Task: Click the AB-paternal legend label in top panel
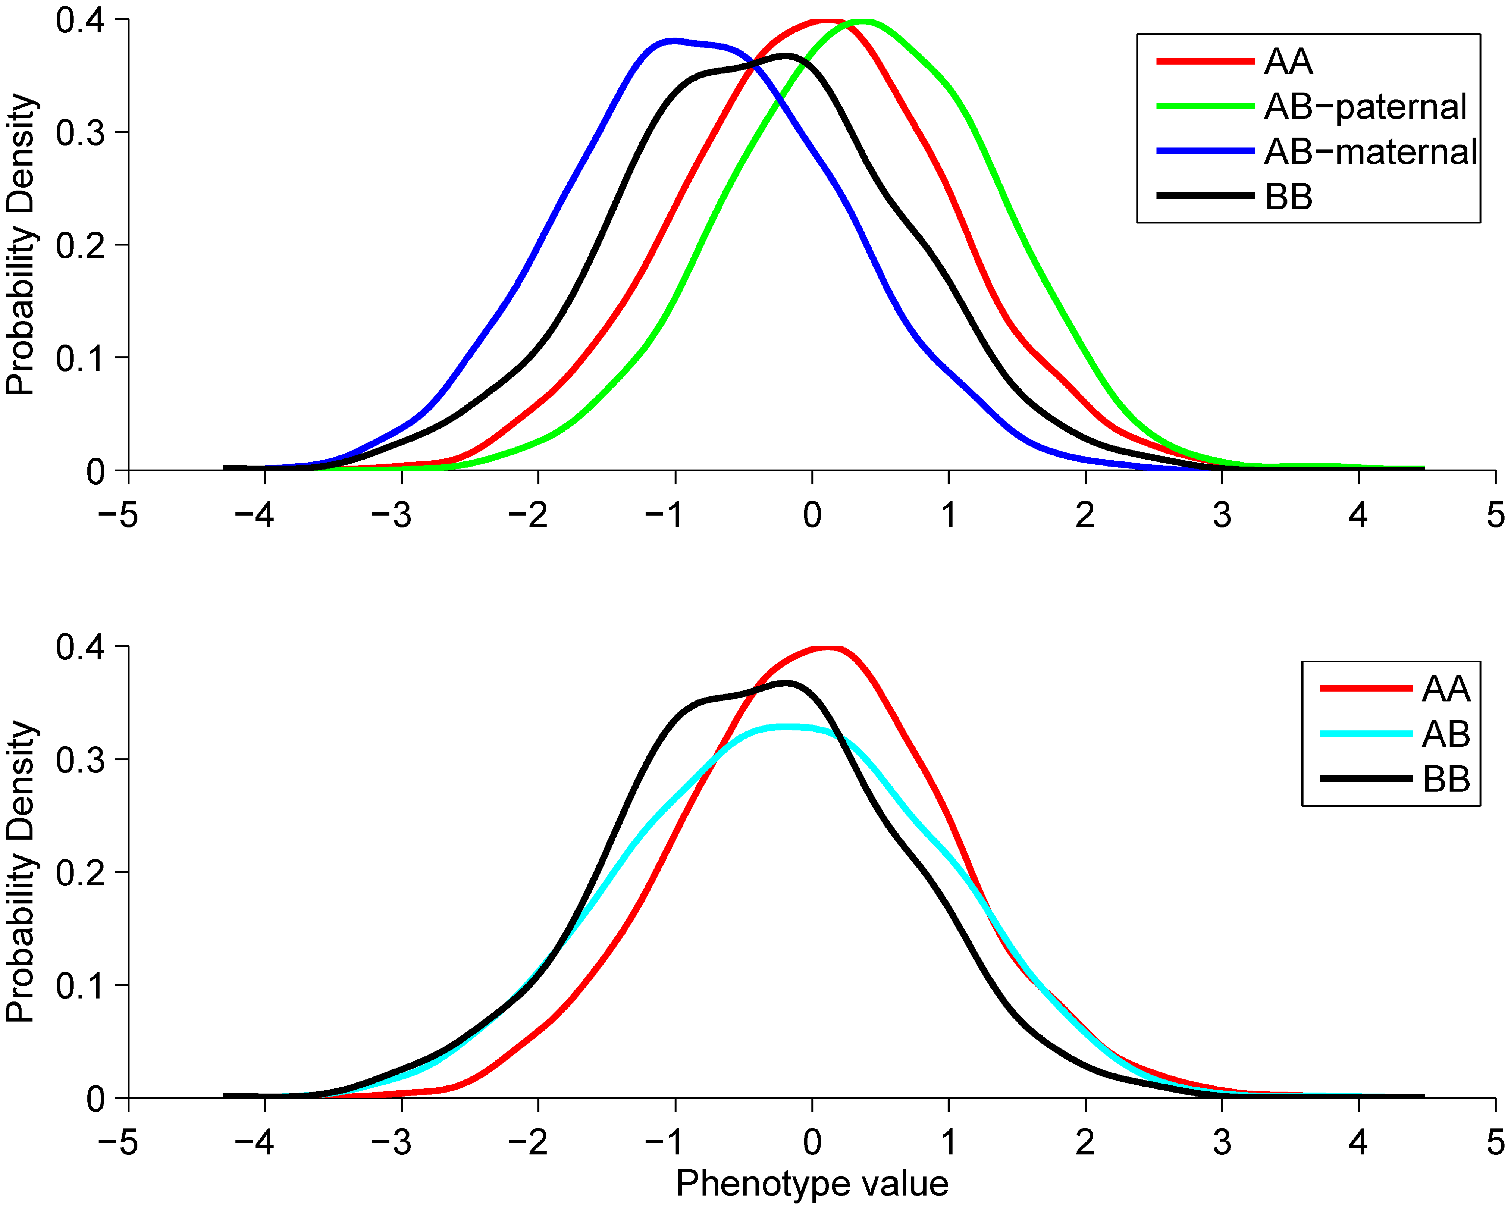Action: (x=1364, y=107)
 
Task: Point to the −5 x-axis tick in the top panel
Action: (x=118, y=516)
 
